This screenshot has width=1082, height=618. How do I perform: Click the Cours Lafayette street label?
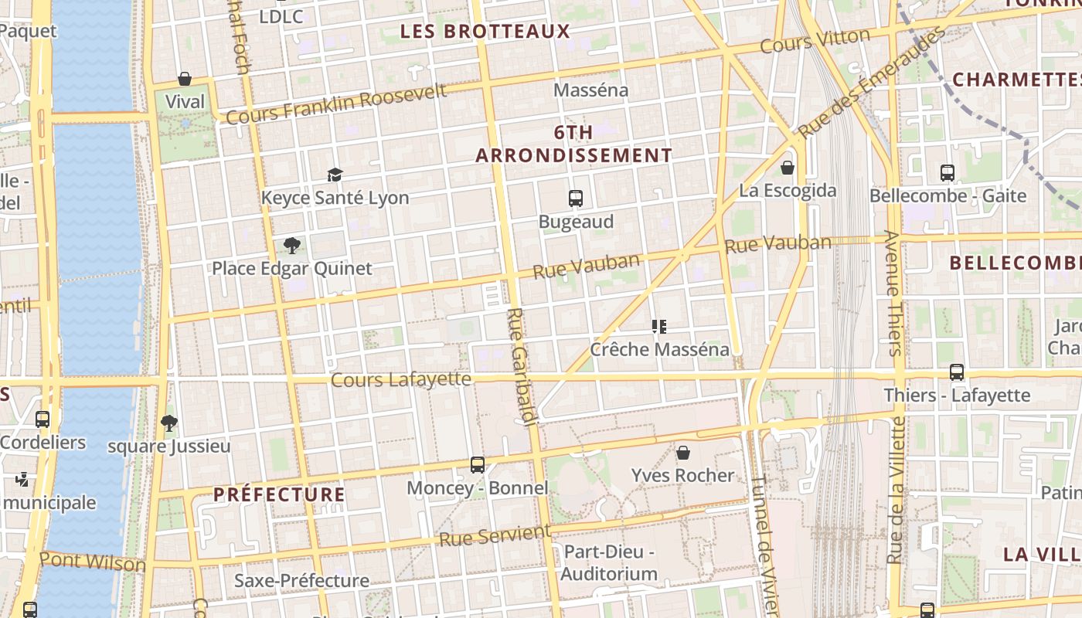400,379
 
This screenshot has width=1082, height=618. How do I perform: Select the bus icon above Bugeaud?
576,199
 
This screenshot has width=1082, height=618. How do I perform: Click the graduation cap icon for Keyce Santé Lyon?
335,175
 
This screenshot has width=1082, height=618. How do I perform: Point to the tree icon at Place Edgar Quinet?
292,246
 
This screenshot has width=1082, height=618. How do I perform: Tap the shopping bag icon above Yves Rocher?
683,453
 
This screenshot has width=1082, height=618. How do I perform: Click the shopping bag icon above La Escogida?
788,167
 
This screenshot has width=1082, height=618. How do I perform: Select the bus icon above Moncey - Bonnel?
478,465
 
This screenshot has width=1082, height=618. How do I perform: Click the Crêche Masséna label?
659,349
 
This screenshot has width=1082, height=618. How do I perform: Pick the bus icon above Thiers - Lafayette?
957,372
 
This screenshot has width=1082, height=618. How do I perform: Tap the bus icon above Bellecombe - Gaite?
948,173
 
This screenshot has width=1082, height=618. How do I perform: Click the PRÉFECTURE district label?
279,494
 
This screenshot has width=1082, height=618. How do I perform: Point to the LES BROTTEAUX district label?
485,32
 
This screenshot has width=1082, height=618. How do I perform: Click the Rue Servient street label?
495,535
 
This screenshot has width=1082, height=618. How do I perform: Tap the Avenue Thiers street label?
893,293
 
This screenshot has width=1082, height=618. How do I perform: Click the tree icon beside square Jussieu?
169,423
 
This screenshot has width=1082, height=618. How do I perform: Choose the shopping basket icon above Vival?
185,79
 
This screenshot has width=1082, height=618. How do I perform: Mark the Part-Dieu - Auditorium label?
609,563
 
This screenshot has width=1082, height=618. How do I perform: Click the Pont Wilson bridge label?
92,562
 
